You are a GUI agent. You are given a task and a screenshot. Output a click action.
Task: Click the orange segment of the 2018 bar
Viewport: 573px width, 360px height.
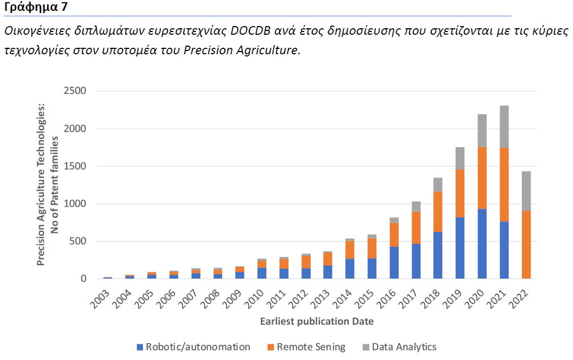[x=438, y=212]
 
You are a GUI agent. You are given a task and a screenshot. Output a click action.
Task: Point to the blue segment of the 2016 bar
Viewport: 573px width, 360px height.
[x=394, y=263]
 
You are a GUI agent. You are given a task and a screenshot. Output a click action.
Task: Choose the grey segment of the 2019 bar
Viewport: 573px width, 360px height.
[x=460, y=158]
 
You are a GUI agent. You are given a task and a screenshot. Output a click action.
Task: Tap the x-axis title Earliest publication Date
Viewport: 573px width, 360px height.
[x=317, y=321]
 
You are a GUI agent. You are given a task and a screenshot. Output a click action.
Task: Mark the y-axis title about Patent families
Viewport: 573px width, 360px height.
[x=47, y=185]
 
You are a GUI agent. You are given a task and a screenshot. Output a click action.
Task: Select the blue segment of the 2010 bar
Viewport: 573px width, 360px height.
[x=262, y=273]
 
